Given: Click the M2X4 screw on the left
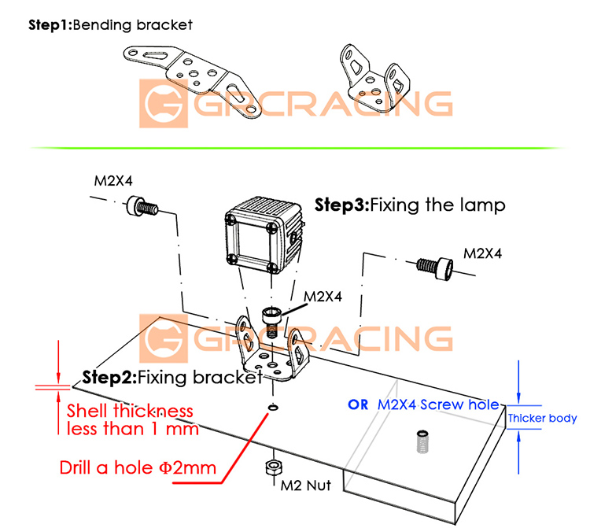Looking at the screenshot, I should [x=141, y=209].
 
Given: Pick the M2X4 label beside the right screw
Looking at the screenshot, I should [x=482, y=253].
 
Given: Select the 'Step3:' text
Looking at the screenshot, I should [x=341, y=205].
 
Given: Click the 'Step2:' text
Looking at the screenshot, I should [x=109, y=378].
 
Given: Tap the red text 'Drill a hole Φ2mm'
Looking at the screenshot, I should [x=138, y=467].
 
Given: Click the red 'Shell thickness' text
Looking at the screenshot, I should [x=130, y=411].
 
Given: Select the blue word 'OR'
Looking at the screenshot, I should [x=358, y=404].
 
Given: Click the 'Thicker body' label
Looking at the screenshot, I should [x=542, y=419].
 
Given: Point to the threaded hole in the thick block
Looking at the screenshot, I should [x=421, y=441].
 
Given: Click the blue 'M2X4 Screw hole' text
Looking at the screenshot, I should [x=438, y=404].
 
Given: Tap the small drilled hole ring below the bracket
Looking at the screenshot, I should [x=271, y=408].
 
